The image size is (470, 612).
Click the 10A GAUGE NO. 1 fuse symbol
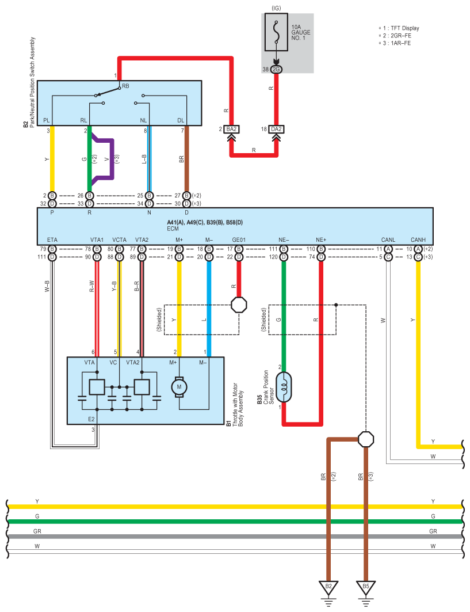[x=276, y=32]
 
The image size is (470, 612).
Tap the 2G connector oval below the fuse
[x=276, y=70]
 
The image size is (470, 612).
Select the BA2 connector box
[x=231, y=129]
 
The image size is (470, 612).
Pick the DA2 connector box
[x=276, y=129]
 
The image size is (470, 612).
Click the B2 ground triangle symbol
[x=328, y=587]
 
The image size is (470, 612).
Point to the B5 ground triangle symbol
[x=366, y=587]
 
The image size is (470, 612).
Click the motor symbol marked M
[x=179, y=387]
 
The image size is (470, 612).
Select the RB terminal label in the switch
[x=125, y=86]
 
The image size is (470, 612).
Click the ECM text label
[x=173, y=229]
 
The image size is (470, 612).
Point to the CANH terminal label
[x=418, y=240]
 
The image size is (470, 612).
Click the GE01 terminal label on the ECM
[x=239, y=240]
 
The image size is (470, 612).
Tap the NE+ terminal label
[x=321, y=240]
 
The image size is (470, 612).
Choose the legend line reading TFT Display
[x=399, y=28]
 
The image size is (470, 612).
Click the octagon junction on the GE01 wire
[x=239, y=305]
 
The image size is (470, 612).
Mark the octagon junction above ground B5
[x=366, y=439]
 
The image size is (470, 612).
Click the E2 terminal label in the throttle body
[x=91, y=419]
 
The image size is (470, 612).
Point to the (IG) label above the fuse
[x=276, y=8]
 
